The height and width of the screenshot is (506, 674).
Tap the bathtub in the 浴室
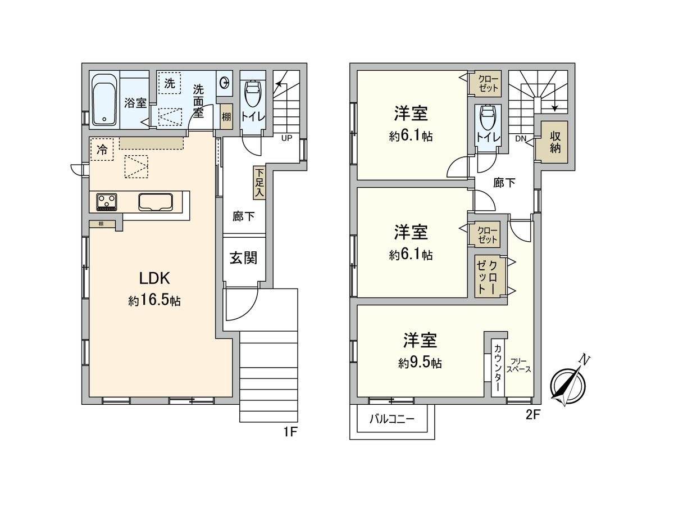click(x=104, y=100)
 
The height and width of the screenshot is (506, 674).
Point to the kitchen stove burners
click(x=107, y=201)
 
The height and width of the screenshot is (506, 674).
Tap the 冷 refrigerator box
click(x=102, y=150)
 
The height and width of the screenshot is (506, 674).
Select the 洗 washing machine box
click(x=170, y=85)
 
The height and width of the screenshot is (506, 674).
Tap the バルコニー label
click(x=391, y=419)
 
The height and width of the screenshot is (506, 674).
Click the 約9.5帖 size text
click(x=420, y=363)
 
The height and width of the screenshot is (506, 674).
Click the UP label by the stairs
click(x=287, y=138)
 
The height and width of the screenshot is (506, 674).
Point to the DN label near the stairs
click(x=520, y=138)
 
